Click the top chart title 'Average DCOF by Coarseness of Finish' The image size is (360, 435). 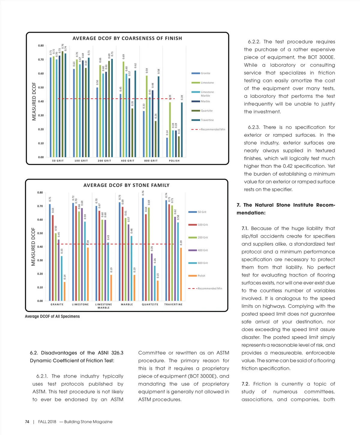[127, 38]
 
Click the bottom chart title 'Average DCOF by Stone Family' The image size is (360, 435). [126, 185]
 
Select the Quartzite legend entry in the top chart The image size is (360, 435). [206, 111]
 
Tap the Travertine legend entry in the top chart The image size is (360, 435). [207, 120]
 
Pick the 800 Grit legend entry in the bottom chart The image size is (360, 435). [202, 263]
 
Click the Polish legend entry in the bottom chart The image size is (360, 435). [201, 276]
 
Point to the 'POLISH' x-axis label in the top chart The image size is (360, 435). [174, 161]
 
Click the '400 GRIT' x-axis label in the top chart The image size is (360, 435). [128, 161]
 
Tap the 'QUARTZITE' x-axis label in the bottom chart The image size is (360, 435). [150, 304]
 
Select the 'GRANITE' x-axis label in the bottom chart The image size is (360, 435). [57, 304]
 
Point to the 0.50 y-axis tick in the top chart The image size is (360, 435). [41, 88]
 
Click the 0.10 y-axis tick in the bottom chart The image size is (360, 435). [40, 287]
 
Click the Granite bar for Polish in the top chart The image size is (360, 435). [167, 147]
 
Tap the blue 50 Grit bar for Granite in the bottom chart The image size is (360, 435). [50, 252]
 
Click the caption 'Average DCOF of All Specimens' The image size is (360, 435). [52, 316]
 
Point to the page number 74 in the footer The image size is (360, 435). [27, 422]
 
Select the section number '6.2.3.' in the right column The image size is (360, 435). [254, 127]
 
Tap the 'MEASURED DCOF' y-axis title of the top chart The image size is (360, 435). [34, 101]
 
